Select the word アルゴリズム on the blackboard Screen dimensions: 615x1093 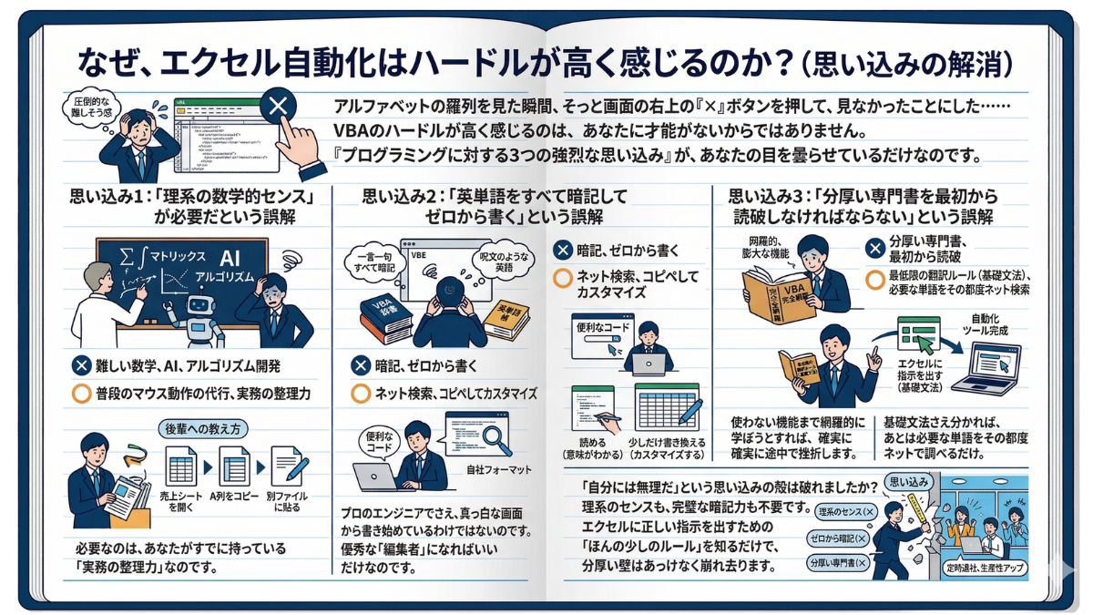pos(231,276)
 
